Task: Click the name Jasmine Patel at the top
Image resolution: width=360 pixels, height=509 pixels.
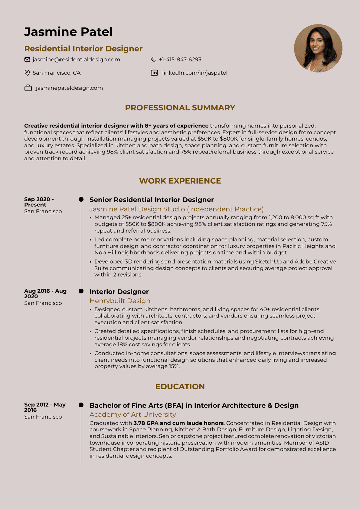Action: [x=68, y=32]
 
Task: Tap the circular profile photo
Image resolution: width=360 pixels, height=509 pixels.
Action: [x=318, y=48]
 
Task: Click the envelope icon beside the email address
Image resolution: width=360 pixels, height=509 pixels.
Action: [x=27, y=59]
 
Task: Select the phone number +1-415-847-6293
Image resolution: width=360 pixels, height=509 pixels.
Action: [x=180, y=59]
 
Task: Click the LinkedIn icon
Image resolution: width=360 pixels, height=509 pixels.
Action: [x=154, y=73]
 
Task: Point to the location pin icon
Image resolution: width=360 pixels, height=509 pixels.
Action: [x=27, y=73]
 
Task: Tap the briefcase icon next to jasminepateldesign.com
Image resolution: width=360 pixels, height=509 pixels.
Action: [x=28, y=88]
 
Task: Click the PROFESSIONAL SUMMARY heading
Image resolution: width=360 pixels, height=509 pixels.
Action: [x=180, y=108]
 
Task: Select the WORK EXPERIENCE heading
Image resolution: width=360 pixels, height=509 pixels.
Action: [x=180, y=181]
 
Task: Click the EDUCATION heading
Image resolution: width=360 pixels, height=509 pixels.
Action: [x=180, y=386]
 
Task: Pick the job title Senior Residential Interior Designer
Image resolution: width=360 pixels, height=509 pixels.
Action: [x=152, y=200]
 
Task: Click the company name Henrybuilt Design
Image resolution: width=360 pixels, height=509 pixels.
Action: [x=120, y=301]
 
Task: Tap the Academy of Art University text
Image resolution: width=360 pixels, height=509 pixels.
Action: [x=133, y=414]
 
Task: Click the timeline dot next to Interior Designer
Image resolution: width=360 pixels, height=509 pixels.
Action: [x=81, y=291]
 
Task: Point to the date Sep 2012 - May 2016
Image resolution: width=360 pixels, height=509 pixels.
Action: [x=45, y=407]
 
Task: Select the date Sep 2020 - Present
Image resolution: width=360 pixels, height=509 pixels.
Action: [x=39, y=202]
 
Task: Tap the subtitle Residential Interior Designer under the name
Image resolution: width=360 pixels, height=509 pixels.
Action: [x=83, y=49]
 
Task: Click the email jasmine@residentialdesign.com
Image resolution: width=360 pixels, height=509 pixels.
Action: [x=76, y=59]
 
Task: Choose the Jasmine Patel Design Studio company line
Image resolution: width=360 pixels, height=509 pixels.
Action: [x=176, y=209]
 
